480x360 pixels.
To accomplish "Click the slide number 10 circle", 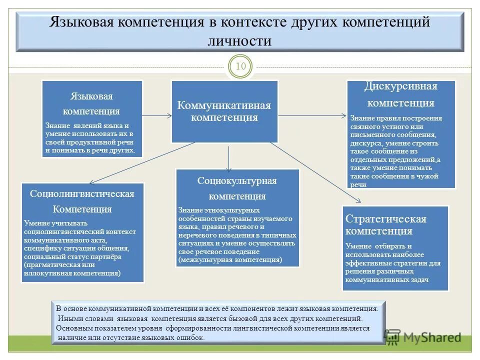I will click(x=240, y=66).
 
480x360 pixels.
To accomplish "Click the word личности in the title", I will click(x=239, y=40).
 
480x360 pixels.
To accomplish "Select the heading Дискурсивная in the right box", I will click(x=401, y=86).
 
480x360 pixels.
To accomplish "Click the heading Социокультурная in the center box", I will click(x=237, y=180).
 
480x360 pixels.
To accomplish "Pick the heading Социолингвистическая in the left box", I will click(x=82, y=193).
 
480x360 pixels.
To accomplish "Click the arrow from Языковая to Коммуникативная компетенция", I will click(x=157, y=116).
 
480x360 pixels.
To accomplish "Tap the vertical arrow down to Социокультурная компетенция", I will click(x=228, y=158).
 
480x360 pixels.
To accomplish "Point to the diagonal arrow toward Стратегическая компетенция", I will click(x=315, y=172).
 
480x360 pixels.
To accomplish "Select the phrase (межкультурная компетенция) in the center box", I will click(x=230, y=260).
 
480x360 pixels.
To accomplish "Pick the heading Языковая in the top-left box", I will click(x=91, y=96).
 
